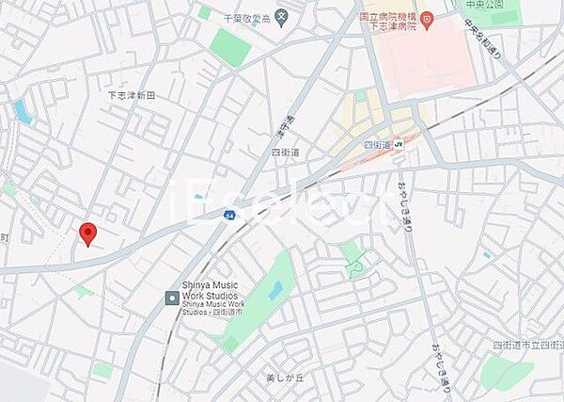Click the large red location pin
87,233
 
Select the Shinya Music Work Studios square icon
172,297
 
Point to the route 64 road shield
229,214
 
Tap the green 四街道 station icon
399,144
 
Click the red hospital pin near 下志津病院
425,17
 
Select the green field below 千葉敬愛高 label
230,46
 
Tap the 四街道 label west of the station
285,151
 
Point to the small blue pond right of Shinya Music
275,291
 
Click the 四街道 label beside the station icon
376,144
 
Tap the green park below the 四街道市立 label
507,374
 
